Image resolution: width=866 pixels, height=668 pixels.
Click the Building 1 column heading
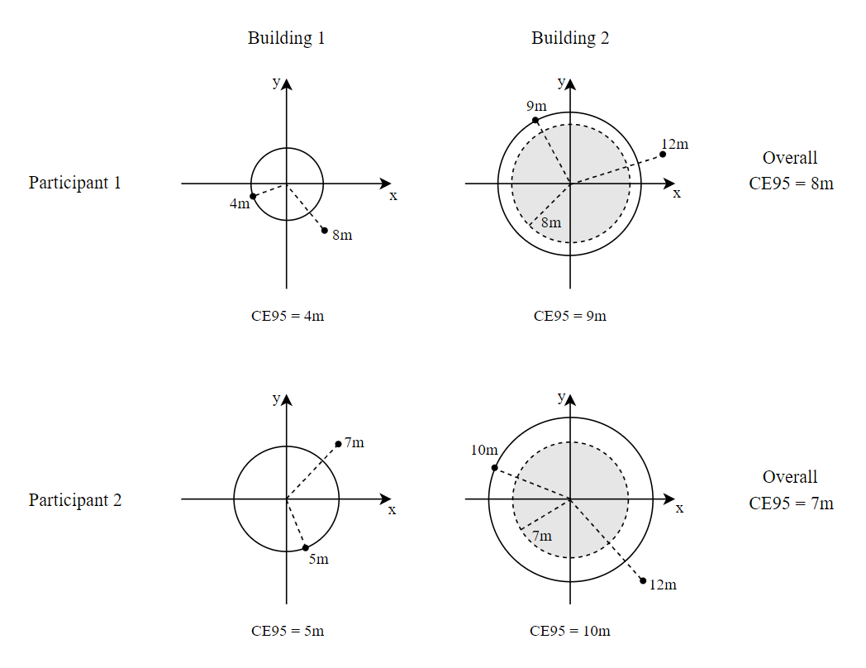pos(286,38)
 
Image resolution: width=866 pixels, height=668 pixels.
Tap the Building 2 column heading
pos(570,38)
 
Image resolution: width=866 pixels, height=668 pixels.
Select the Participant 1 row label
pos(74,183)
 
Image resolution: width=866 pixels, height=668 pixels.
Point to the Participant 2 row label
pos(74,500)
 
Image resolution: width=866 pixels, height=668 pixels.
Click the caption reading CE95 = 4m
pos(288,316)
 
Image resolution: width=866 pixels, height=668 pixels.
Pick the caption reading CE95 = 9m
pos(570,316)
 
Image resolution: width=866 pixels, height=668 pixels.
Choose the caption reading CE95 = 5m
pos(288,631)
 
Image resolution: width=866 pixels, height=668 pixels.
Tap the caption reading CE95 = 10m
pos(570,631)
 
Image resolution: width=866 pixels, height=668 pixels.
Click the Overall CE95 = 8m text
pos(791,170)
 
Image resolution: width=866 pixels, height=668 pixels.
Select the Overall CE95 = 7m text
pos(791,490)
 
